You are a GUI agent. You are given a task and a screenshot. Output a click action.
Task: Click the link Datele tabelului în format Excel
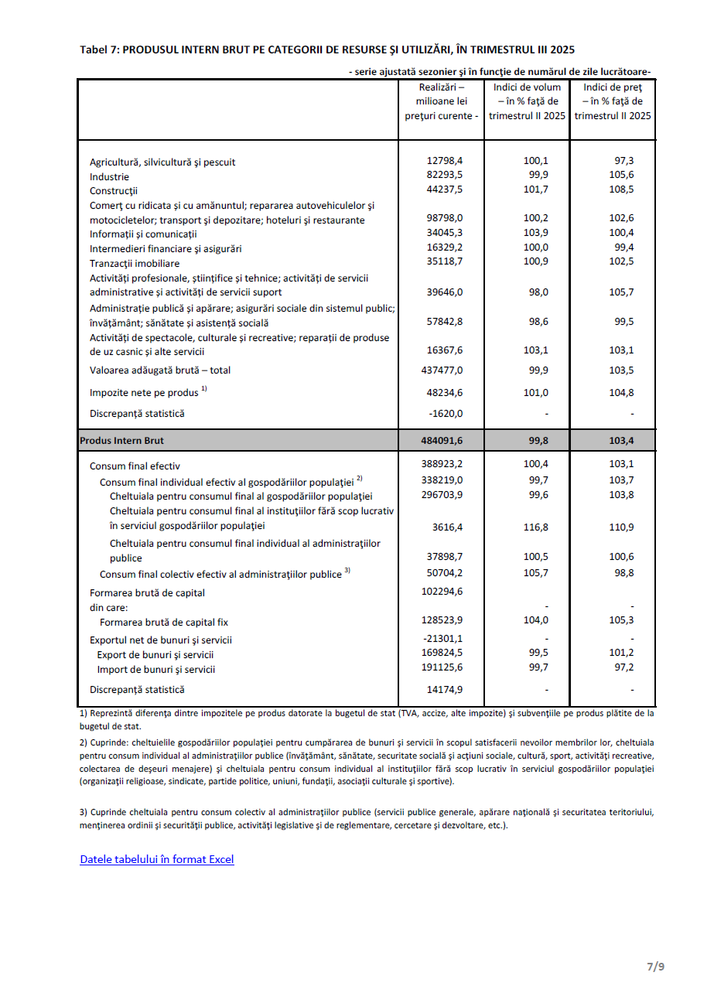(x=156, y=859)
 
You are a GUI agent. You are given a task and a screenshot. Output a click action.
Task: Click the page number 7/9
(x=655, y=966)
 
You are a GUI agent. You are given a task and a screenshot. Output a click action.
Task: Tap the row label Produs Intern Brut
(x=122, y=441)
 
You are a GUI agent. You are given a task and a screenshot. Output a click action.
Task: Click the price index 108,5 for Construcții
(x=621, y=189)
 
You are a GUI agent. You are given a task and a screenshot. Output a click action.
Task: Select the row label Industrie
(x=109, y=176)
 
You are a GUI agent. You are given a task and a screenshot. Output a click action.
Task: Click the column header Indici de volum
(x=528, y=87)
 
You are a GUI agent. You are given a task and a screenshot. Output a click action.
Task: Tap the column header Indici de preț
(x=613, y=87)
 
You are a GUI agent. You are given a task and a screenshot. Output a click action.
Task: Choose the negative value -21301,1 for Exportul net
(x=443, y=639)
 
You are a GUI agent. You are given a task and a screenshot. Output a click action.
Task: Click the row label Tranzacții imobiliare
(x=135, y=264)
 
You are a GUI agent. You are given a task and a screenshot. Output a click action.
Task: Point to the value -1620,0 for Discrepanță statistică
(x=446, y=413)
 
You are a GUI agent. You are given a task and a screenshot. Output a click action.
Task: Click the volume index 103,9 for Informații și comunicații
(x=535, y=233)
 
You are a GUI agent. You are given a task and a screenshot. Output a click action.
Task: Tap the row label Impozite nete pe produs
(x=144, y=393)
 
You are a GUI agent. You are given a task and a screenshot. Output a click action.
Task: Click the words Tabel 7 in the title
(x=98, y=49)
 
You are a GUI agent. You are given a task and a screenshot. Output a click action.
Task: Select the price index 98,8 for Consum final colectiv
(x=623, y=574)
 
